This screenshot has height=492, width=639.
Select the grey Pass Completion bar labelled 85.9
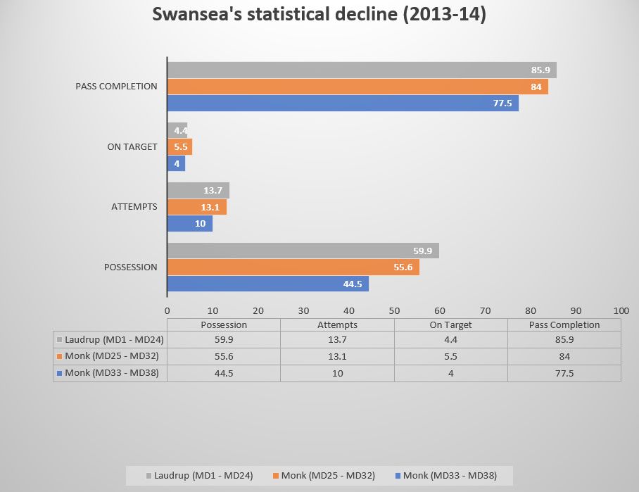point(361,70)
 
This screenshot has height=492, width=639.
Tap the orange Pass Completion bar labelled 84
point(357,87)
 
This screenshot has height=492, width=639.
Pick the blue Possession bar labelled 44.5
point(267,284)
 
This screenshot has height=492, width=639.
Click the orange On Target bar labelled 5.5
point(179,146)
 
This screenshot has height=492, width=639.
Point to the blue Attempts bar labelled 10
point(189,223)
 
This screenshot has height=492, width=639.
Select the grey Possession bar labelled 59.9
point(303,251)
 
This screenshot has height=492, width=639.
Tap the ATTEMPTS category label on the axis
point(134,207)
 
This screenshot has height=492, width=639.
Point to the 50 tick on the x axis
point(394,310)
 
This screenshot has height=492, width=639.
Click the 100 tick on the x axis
point(621,310)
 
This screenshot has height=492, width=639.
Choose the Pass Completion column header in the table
point(564,324)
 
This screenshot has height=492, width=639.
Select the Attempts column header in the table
point(337,324)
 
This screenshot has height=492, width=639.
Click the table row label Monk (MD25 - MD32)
point(116,356)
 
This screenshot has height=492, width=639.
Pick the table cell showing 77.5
point(564,373)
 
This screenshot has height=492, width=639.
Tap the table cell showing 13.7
point(337,340)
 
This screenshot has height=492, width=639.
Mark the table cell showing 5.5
point(451,356)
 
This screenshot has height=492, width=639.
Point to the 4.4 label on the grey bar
point(179,130)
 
